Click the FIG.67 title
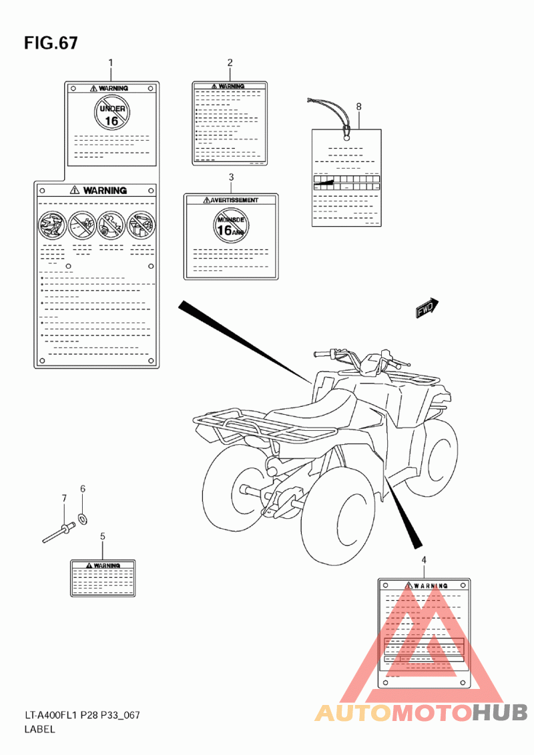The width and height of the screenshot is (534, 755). point(51,43)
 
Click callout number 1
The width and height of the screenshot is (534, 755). point(111,63)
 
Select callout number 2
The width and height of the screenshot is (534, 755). point(230,63)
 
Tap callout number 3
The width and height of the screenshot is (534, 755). point(231,177)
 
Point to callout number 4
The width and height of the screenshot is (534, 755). point(424,560)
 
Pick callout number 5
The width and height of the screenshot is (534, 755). point(102,536)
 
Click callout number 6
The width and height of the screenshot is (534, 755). point(83,489)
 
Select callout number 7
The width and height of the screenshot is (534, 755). point(64,498)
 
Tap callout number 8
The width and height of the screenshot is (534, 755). point(358,106)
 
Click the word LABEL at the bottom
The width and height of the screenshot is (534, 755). point(39,729)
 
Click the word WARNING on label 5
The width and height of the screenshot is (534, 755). point(106,565)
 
